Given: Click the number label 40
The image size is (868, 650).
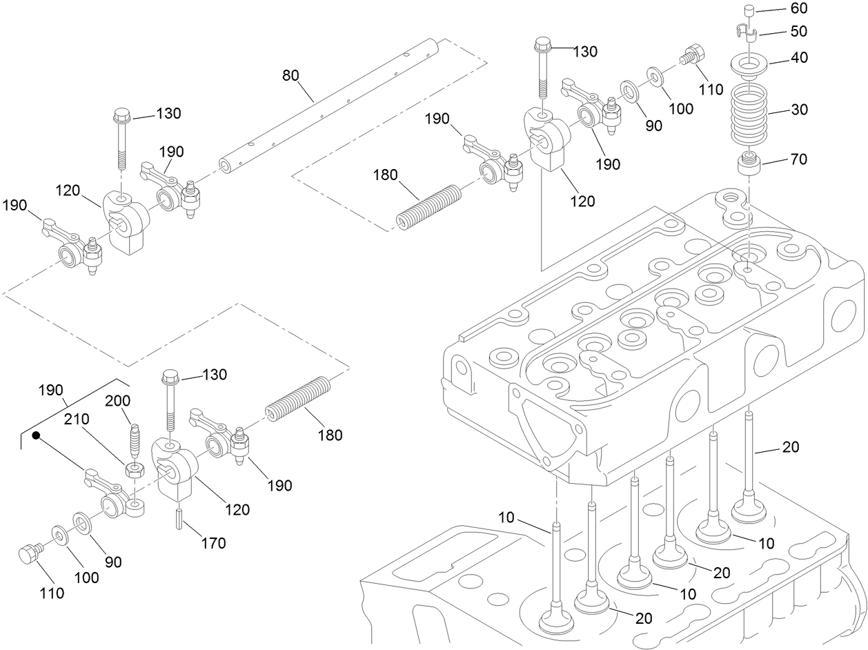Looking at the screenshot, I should (x=780, y=58).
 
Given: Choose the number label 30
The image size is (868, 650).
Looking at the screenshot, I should (x=780, y=110).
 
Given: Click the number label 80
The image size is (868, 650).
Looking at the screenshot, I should (x=291, y=74).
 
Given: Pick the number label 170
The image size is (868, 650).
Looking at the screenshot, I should (x=213, y=544).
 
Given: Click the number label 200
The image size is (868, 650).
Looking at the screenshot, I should (x=117, y=401).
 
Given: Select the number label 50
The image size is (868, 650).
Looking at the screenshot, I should (x=780, y=32).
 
